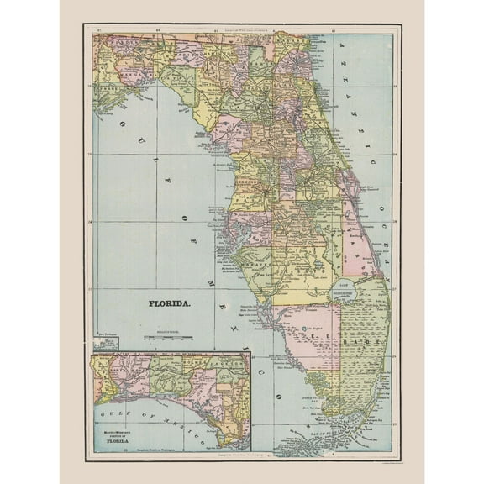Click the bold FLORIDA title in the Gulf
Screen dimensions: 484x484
pos(169,299)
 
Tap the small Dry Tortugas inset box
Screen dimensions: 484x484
pos(106,340)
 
